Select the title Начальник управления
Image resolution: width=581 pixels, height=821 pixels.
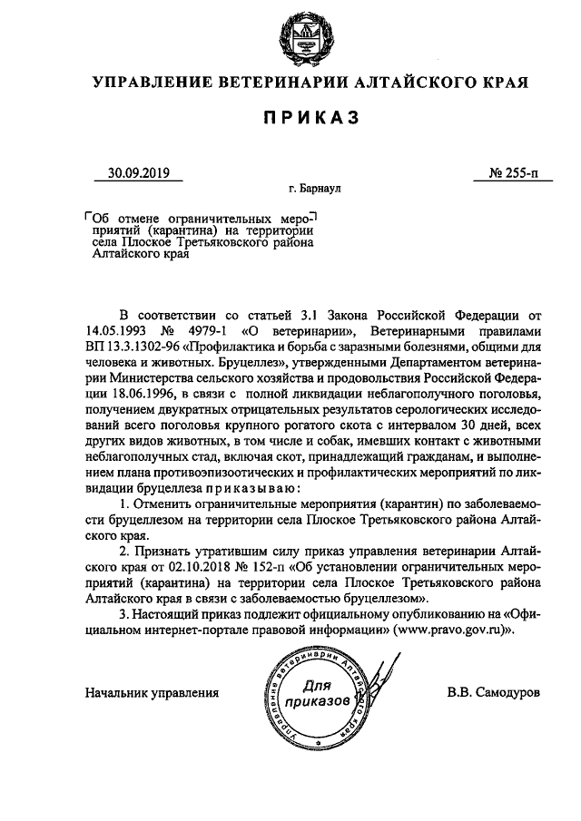pyautogui.click(x=152, y=693)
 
